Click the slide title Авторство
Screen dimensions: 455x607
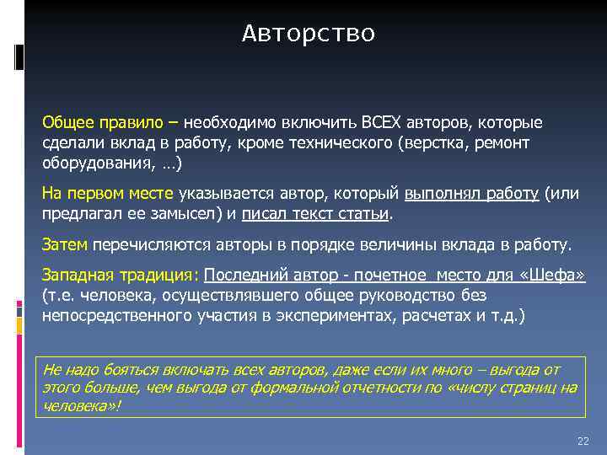click(308, 34)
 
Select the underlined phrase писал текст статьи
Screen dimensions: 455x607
click(316, 214)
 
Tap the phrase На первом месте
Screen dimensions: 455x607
click(108, 193)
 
